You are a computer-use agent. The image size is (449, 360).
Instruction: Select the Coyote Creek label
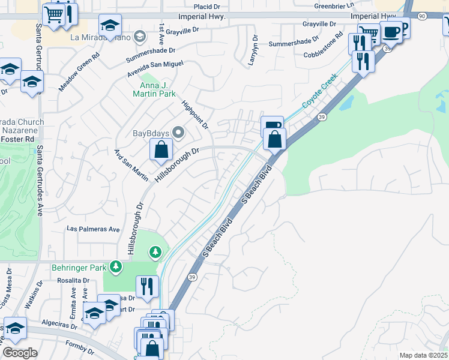(x=316, y=95)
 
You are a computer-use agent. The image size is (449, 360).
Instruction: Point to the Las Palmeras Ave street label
(x=93, y=229)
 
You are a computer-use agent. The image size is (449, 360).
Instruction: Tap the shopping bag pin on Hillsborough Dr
(x=161, y=150)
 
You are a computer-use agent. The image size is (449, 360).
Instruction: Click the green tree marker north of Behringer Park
(x=156, y=252)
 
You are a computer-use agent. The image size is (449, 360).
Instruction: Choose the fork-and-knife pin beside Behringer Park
(x=146, y=286)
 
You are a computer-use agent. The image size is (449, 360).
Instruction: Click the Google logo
(x=20, y=353)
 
